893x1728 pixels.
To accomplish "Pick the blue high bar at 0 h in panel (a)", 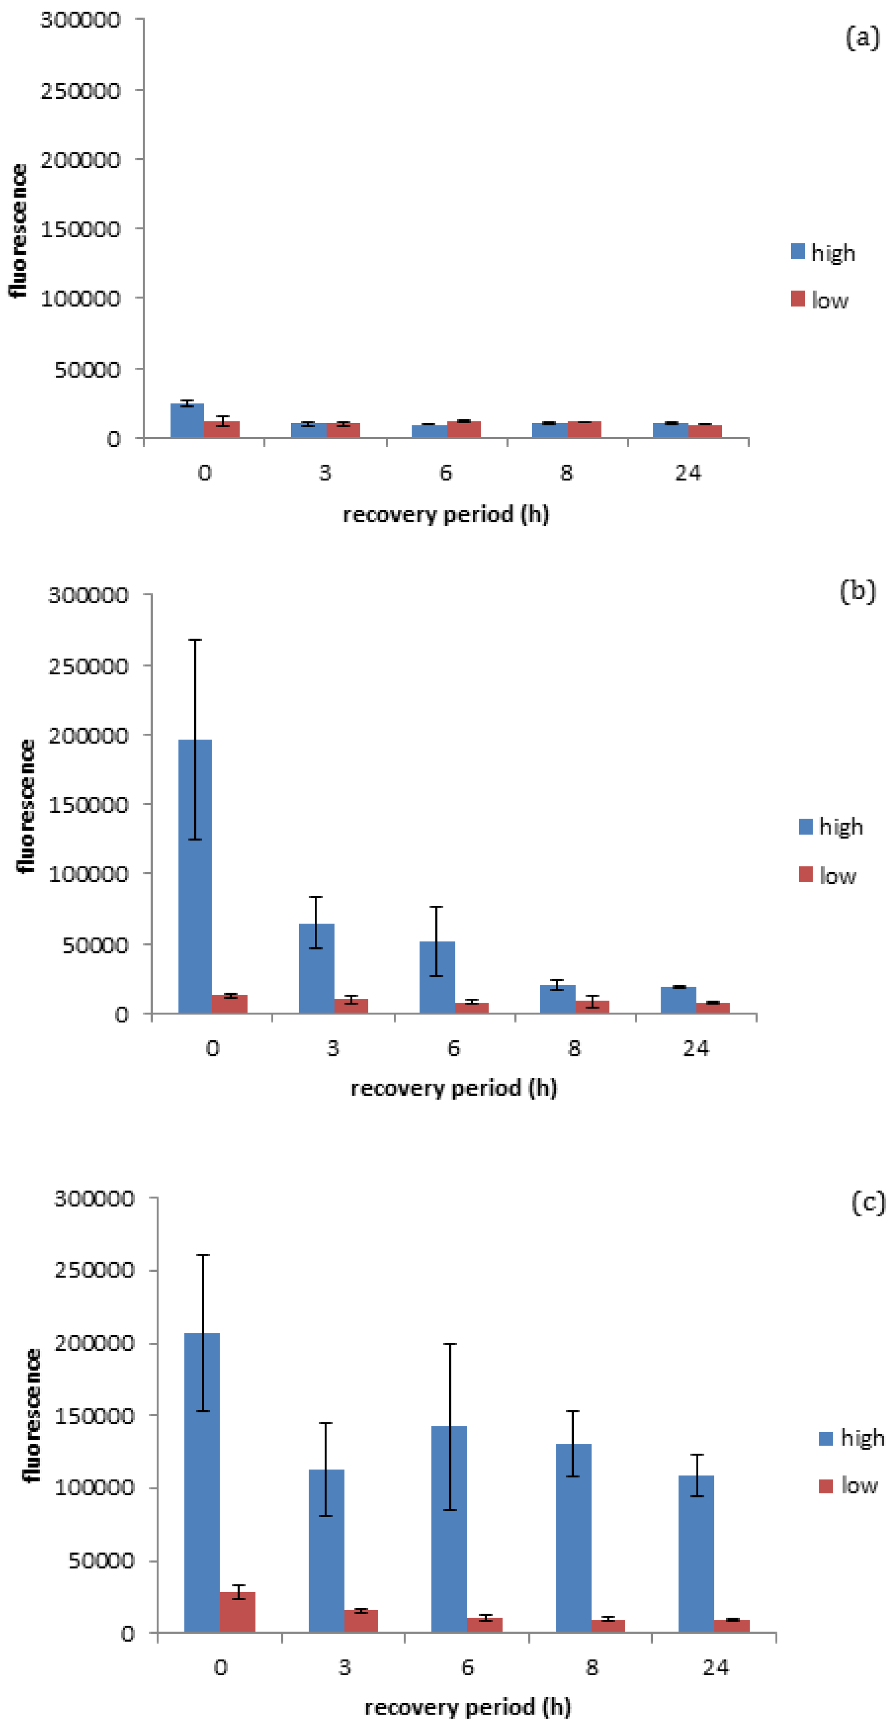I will pyautogui.click(x=187, y=420).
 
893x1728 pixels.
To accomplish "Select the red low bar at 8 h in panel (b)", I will pyautogui.click(x=592, y=1006).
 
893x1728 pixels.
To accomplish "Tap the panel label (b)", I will pyautogui.click(x=857, y=591).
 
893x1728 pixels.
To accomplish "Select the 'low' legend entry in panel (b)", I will pyautogui.click(x=827, y=875).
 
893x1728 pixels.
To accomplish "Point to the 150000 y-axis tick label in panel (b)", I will pyautogui.click(x=88, y=804).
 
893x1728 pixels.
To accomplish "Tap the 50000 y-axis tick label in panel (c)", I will pyautogui.click(x=100, y=1560).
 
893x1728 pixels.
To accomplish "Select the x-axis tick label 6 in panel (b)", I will pyautogui.click(x=454, y=1048).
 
